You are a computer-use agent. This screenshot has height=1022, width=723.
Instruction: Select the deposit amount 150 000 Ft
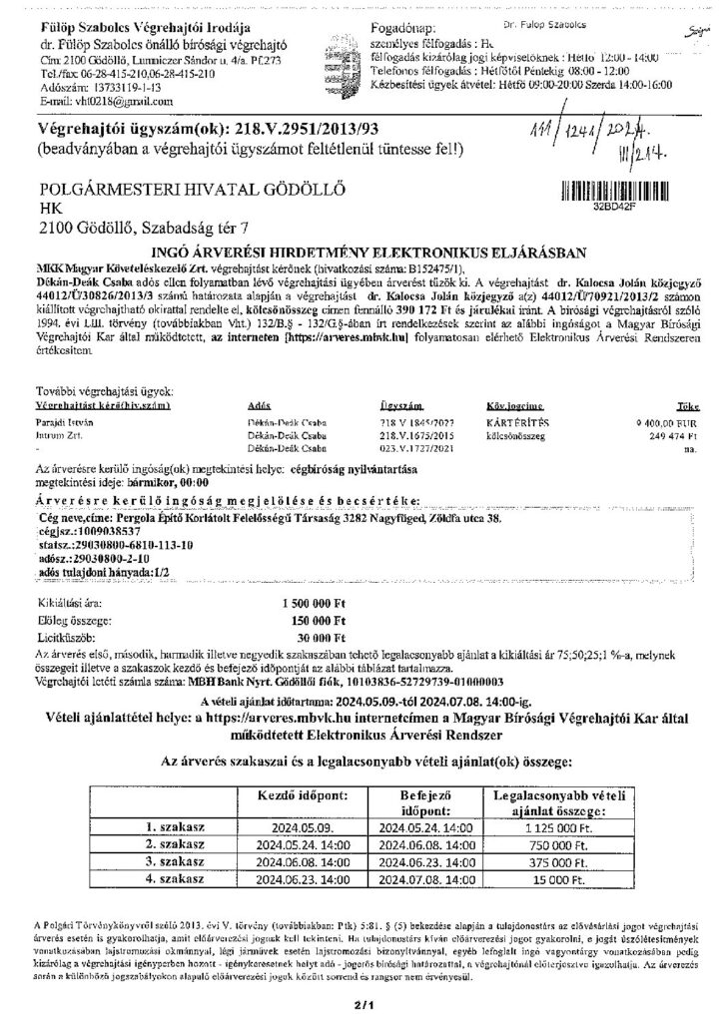(x=311, y=620)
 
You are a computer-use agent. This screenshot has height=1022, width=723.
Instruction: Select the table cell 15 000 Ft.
(x=562, y=877)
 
